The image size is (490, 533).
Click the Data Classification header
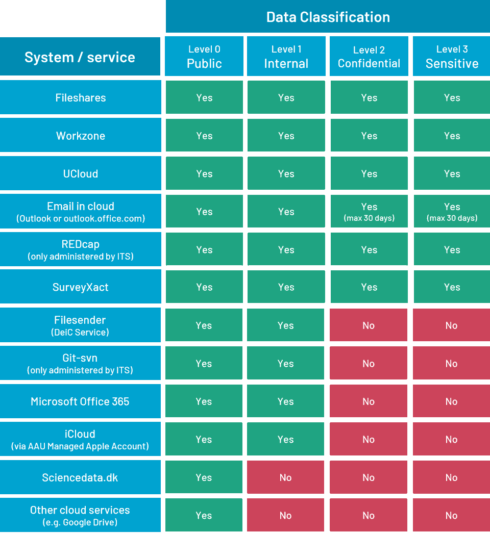pyautogui.click(x=328, y=17)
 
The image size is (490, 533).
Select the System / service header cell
pyautogui.click(x=80, y=57)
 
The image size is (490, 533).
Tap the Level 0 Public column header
pyautogui.click(x=204, y=57)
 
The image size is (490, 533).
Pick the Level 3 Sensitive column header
pyautogui.click(x=452, y=57)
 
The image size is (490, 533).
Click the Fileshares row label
pyautogui.click(x=80, y=97)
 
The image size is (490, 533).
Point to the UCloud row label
pyautogui.click(x=80, y=173)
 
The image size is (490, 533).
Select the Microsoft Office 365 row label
pyautogui.click(x=80, y=401)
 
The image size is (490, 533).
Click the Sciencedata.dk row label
pyautogui.click(x=80, y=477)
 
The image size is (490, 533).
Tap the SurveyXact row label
pyautogui.click(x=80, y=287)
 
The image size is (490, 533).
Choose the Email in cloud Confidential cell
pyautogui.click(x=369, y=212)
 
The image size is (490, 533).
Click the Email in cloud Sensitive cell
pyautogui.click(x=452, y=212)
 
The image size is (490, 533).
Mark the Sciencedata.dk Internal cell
pyautogui.click(x=286, y=477)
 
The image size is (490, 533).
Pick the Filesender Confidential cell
pyautogui.click(x=369, y=325)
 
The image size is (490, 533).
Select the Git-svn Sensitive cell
pyautogui.click(x=452, y=364)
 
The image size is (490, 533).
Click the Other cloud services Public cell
pyautogui.click(x=204, y=515)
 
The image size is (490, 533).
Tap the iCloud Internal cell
pyautogui.click(x=286, y=439)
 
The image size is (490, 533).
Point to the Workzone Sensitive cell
pyautogui.click(x=452, y=136)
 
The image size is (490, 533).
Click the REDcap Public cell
pyautogui.click(x=204, y=249)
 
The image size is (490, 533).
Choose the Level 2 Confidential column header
pyautogui.click(x=369, y=57)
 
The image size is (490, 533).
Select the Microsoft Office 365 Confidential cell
pyautogui.click(x=369, y=401)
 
